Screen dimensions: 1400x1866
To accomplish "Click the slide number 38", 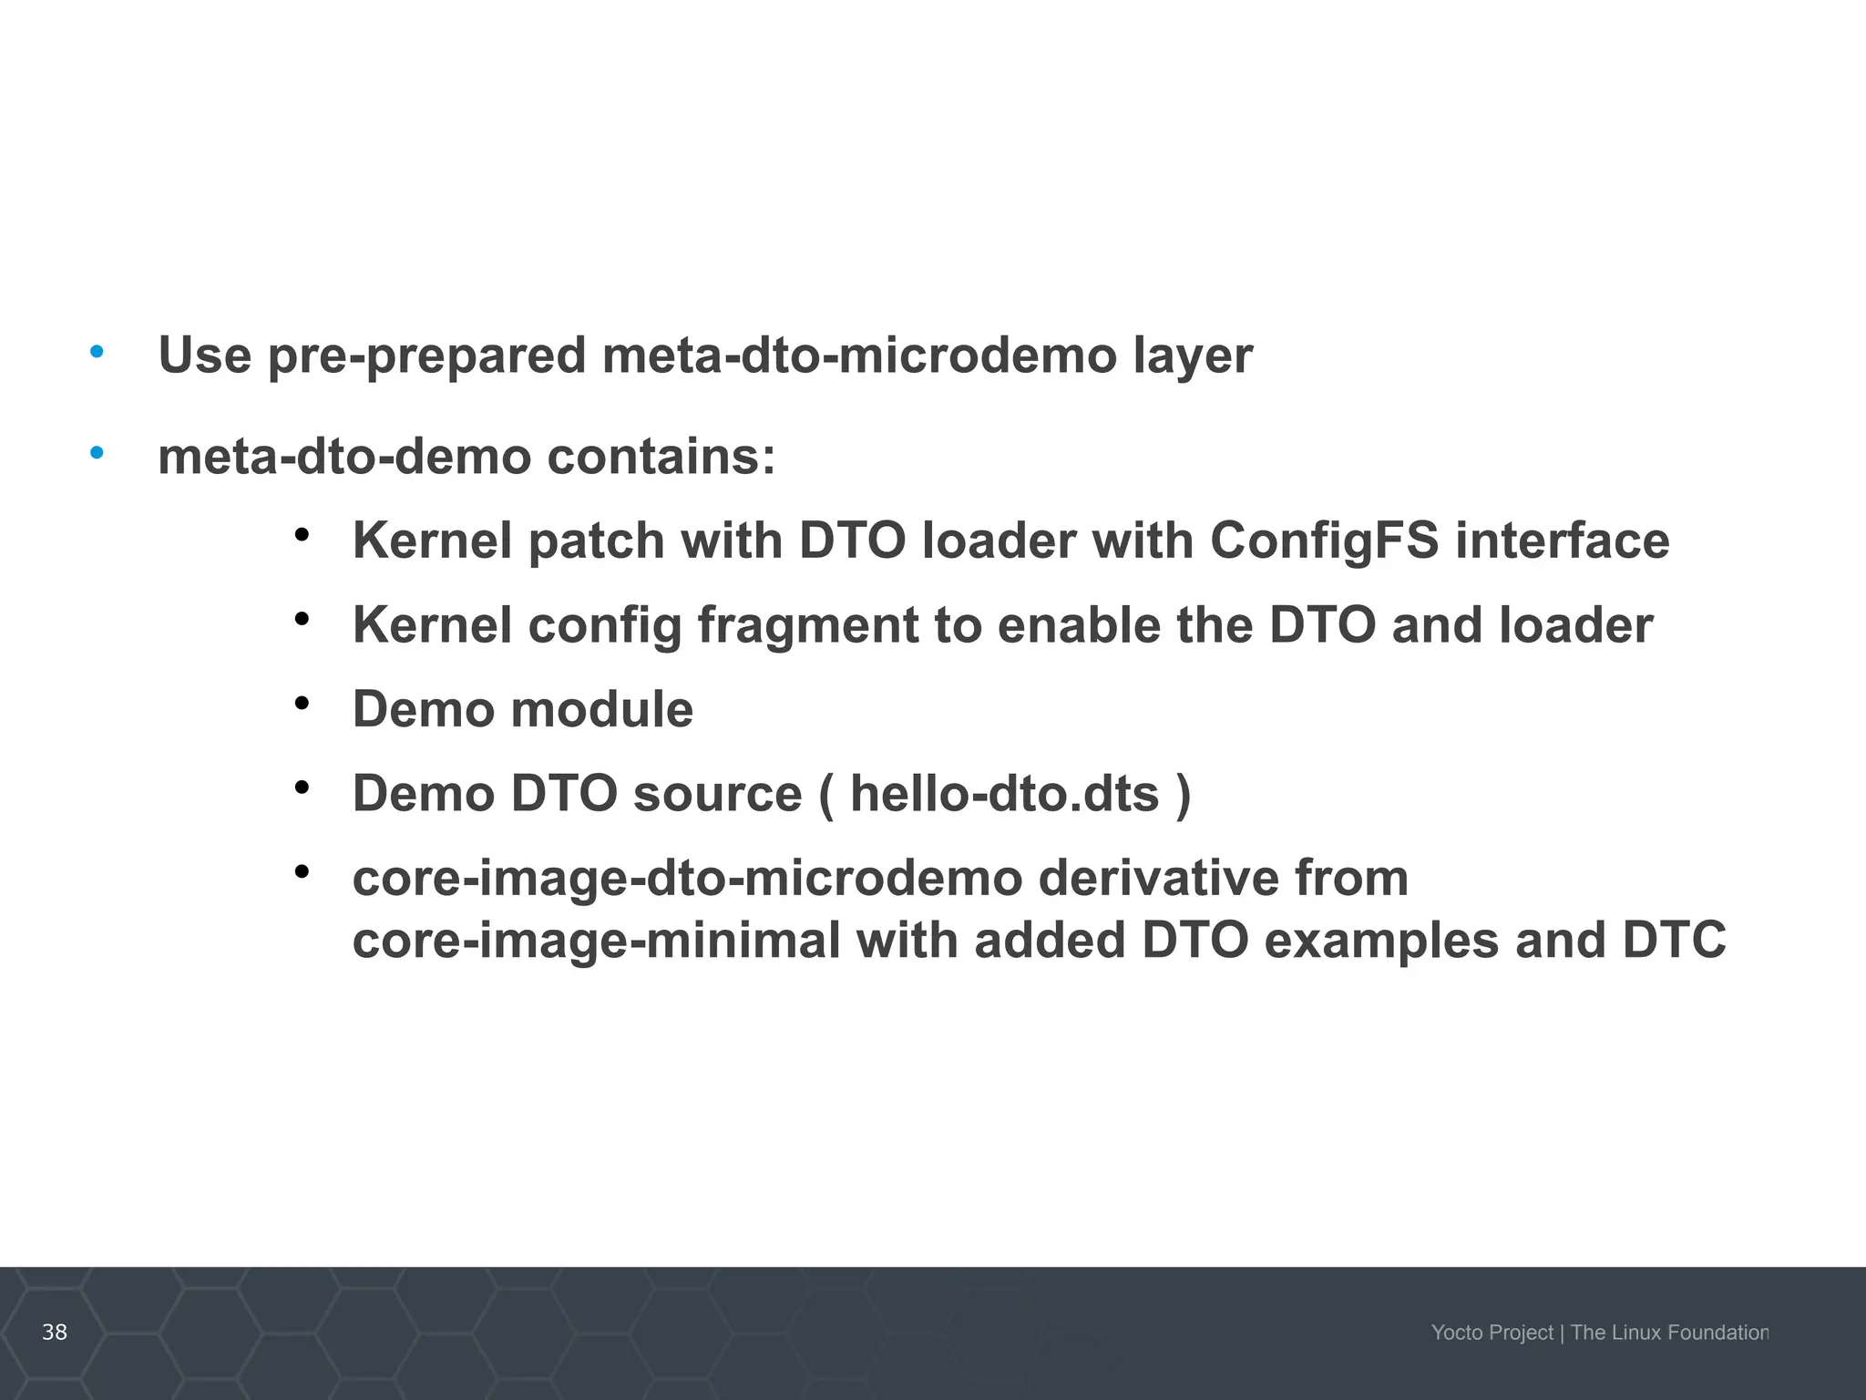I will tap(55, 1332).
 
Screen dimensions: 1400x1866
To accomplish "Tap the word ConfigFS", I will tap(1324, 541).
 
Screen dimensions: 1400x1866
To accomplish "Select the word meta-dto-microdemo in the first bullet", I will tap(859, 355).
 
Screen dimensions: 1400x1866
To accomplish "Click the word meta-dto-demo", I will tap(344, 457).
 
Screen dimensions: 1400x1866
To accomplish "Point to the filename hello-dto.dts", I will tap(1005, 794).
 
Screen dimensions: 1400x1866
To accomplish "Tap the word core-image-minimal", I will tap(597, 941).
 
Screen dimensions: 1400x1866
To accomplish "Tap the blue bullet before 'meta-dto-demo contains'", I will tap(97, 452).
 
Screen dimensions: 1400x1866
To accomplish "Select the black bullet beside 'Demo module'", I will tap(302, 704).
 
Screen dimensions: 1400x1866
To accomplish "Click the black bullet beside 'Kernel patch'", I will tap(302, 535).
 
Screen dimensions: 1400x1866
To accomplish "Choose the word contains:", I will tap(661, 457).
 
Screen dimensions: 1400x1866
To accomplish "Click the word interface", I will tap(1562, 541).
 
